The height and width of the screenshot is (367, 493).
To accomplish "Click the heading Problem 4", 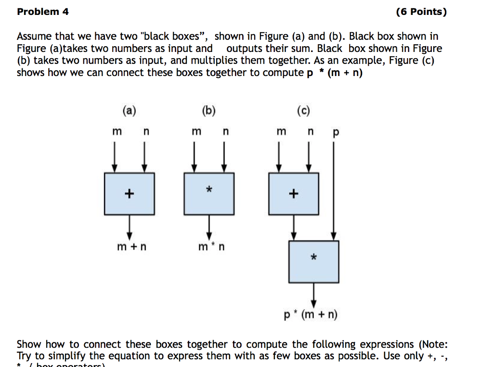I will point(43,12).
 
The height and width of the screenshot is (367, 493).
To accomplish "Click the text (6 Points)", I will point(421,12).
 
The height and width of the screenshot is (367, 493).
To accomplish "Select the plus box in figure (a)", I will point(129,193).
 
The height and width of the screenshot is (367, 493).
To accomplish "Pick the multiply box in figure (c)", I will point(313,261).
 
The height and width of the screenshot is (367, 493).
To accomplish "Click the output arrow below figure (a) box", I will point(129,226).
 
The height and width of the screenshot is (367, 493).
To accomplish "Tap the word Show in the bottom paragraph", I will point(28,344).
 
